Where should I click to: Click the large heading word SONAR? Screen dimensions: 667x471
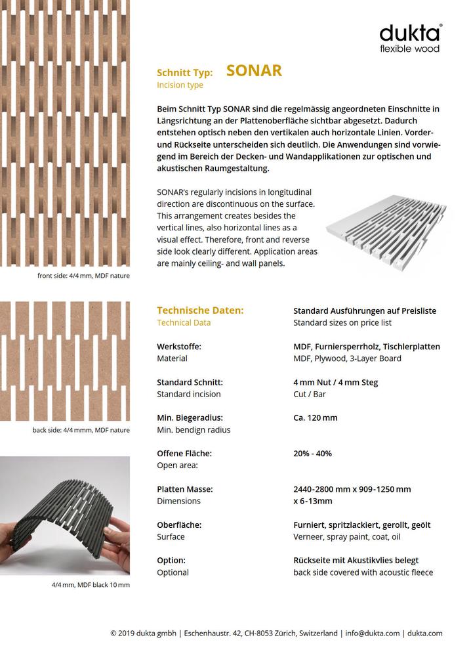(254, 71)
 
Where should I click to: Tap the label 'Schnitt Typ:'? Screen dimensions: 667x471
(184, 73)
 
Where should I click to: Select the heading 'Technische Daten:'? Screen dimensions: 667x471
(200, 311)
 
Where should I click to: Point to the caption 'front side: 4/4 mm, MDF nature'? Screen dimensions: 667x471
(83, 276)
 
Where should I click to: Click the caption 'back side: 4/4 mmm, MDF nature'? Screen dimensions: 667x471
(81, 430)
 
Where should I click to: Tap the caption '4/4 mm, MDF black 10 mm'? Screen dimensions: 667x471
(91, 584)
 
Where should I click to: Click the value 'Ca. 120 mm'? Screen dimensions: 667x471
(316, 418)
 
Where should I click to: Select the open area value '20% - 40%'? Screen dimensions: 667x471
(312, 453)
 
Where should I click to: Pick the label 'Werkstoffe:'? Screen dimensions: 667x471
(178, 347)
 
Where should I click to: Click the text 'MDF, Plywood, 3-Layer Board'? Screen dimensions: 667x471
(347, 358)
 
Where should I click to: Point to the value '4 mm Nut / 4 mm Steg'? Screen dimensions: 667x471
(335, 382)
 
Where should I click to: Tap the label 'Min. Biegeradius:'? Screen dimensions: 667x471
(190, 418)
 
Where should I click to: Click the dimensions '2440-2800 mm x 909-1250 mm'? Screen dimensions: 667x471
(352, 489)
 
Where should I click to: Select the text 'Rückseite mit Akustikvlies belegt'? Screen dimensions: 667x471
(356, 561)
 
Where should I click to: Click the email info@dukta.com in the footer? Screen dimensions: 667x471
(372, 634)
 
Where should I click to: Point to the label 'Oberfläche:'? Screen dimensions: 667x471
(178, 525)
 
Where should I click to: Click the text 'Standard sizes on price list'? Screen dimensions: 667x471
(342, 323)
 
